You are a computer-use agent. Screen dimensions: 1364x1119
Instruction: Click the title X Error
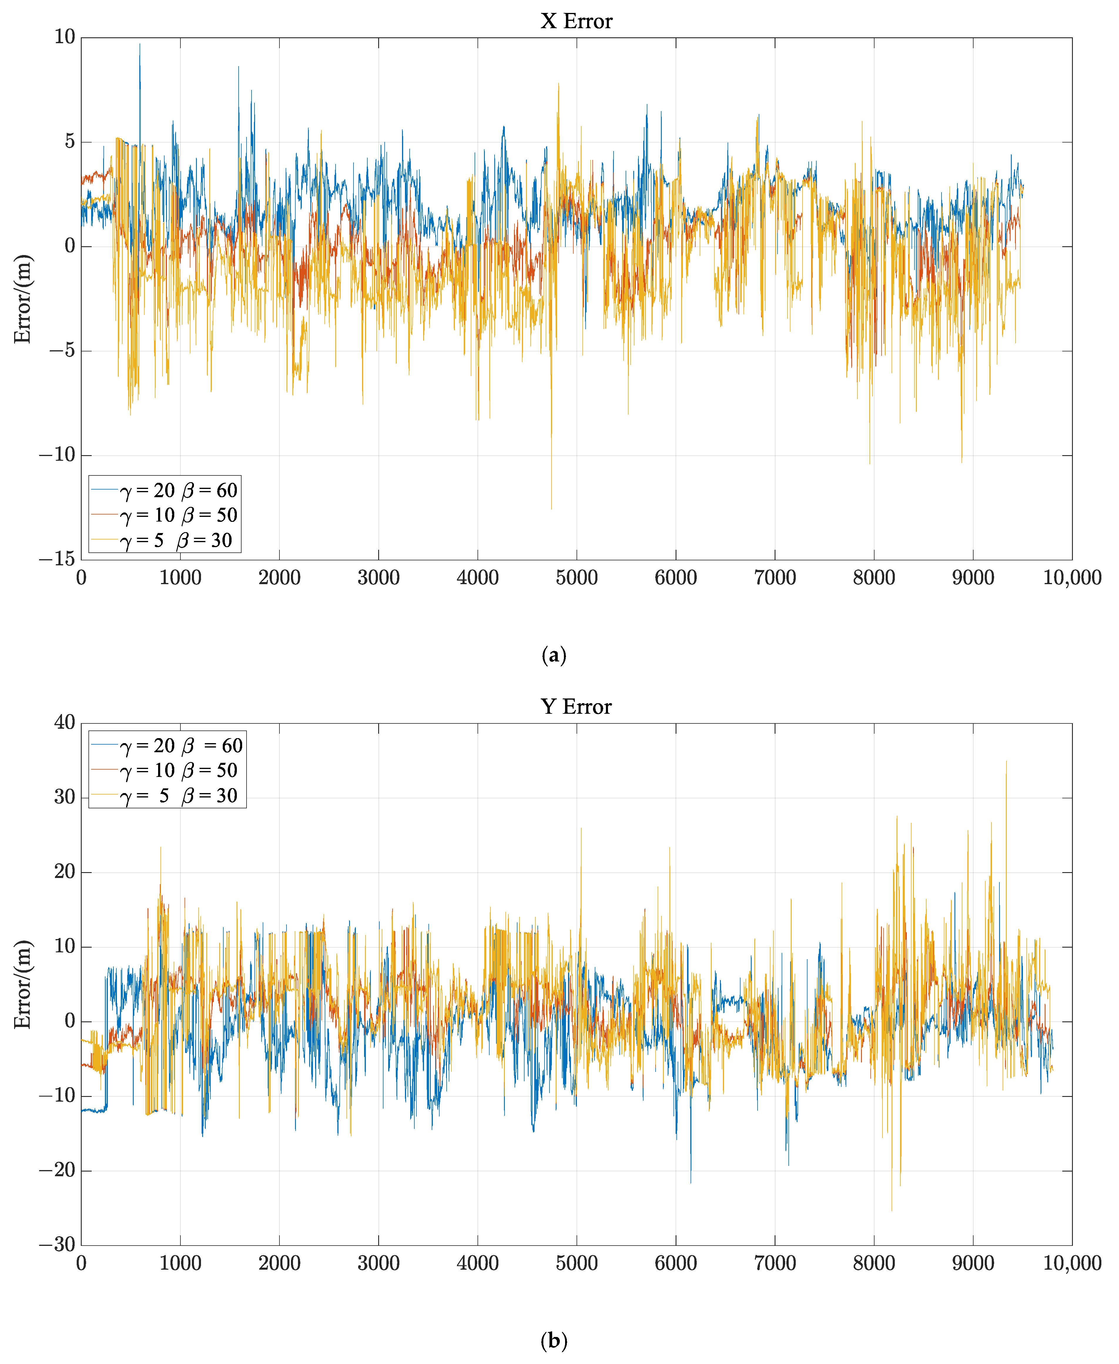[x=576, y=21]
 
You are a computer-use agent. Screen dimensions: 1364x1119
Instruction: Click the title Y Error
[x=576, y=707]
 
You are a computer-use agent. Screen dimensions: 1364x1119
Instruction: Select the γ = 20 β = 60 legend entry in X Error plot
[x=164, y=490]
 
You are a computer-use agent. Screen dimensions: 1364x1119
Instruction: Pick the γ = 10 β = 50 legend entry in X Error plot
[x=164, y=515]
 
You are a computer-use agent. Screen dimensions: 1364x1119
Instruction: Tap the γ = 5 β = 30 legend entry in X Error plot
[x=164, y=540]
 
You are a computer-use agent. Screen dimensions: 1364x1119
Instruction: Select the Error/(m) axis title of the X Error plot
[x=23, y=299]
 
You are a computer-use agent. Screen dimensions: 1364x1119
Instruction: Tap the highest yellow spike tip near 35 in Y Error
[x=1006, y=761]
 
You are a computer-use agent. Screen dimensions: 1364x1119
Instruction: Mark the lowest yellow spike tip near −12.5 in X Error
[x=551, y=509]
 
